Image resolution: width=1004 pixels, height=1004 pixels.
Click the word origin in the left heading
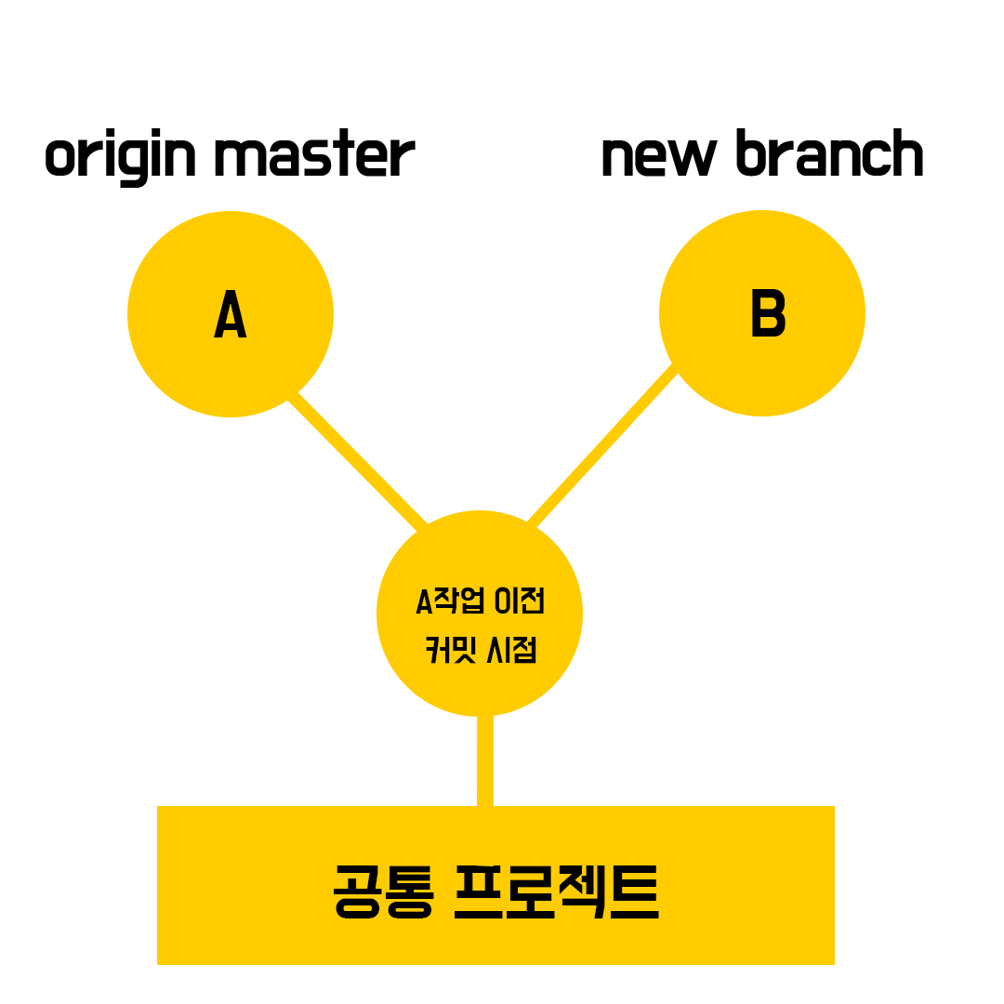(x=121, y=158)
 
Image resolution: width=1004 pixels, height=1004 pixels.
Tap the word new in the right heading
(x=659, y=156)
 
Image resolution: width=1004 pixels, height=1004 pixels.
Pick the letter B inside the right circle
(x=768, y=314)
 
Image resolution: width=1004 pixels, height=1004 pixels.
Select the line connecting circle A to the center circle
(x=359, y=459)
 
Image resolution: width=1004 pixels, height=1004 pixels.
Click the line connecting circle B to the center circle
(x=601, y=443)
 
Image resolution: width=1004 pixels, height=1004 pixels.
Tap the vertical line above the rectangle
(x=484, y=760)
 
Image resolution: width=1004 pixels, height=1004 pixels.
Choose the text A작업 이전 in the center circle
(x=479, y=601)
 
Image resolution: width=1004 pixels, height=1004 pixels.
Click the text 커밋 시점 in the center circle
(x=481, y=649)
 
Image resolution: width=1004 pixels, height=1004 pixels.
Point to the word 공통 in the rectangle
(x=382, y=892)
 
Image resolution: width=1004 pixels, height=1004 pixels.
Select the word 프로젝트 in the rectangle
(x=557, y=892)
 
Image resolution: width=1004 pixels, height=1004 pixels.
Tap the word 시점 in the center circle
(x=512, y=649)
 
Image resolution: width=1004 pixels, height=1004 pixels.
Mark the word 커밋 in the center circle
(x=449, y=649)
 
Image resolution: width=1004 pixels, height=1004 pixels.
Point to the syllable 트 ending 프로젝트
(x=636, y=892)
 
